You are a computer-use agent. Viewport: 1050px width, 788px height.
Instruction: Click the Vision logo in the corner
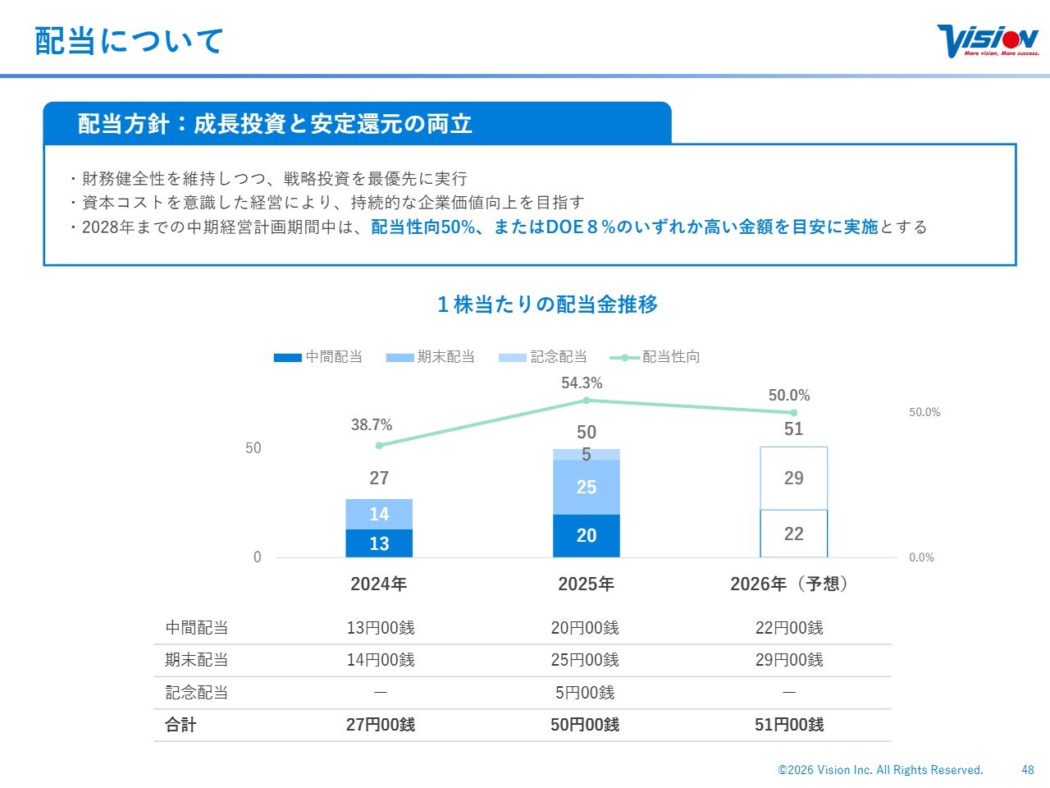pos(988,40)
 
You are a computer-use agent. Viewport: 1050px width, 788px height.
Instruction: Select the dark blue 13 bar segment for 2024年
pos(379,543)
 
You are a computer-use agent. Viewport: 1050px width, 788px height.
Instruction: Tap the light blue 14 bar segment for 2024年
pos(379,514)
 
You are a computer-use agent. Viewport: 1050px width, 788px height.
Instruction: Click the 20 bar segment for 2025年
pos(586,535)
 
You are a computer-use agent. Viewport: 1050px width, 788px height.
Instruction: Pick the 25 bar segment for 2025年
pos(586,488)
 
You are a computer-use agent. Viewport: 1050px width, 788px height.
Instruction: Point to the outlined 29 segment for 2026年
pos(793,479)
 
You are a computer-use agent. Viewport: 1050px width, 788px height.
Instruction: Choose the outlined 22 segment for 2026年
pos(793,534)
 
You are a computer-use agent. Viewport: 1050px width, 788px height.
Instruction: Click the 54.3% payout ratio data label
pos(582,383)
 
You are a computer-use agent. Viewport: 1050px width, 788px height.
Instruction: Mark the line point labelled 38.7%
pos(379,446)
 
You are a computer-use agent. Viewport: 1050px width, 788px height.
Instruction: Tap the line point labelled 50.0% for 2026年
pos(793,413)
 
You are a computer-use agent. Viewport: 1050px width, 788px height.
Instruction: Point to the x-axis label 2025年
pos(586,584)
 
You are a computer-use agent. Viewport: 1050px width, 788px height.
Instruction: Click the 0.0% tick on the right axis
pos(921,557)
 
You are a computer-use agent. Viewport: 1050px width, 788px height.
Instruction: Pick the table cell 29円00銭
pos(788,660)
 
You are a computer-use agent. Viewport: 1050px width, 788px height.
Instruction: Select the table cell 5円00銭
pos(585,693)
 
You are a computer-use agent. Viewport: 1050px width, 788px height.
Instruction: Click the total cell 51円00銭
pos(788,725)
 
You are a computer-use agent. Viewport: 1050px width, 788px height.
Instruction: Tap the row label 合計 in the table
pos(180,725)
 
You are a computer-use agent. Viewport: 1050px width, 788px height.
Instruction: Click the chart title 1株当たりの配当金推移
pos(547,305)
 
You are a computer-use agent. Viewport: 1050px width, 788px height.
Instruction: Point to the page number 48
pos(1028,770)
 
